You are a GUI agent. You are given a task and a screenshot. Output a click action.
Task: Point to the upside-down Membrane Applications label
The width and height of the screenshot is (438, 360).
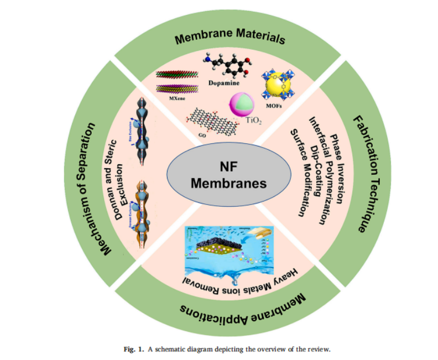243,311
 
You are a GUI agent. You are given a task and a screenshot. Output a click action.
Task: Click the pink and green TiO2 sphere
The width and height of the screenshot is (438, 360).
242,105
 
